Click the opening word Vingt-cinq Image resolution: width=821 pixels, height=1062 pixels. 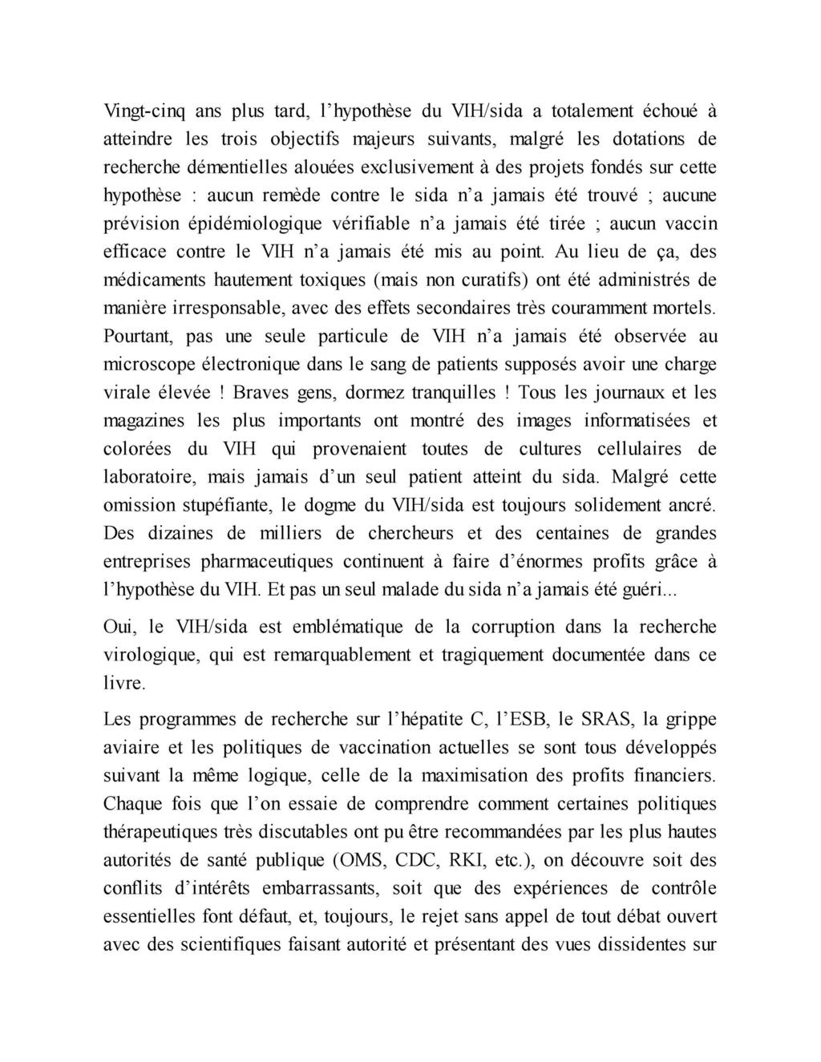(x=144, y=111)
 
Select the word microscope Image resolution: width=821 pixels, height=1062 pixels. (x=148, y=365)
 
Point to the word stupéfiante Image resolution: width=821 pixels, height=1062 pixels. (x=220, y=505)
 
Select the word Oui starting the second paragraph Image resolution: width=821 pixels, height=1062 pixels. (x=121, y=626)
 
